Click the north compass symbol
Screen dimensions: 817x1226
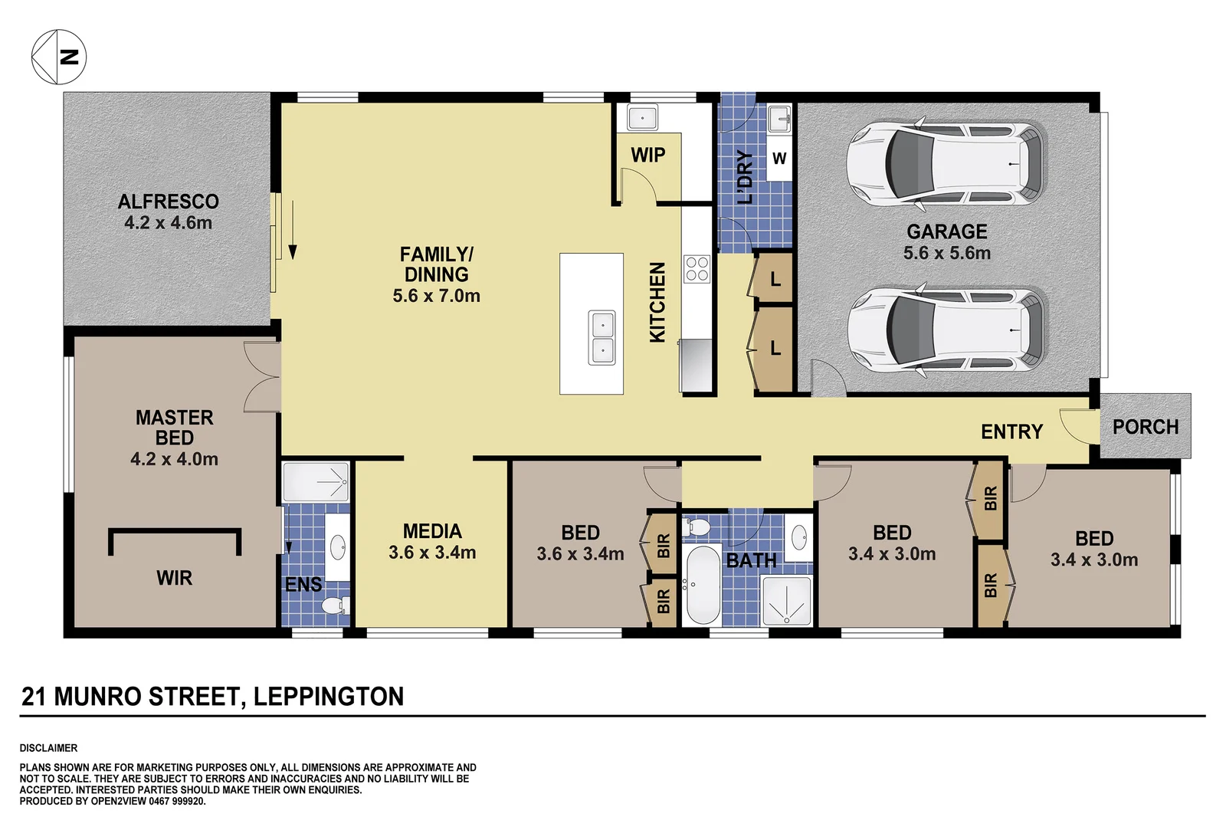click(x=58, y=57)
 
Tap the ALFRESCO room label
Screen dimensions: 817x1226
click(x=169, y=202)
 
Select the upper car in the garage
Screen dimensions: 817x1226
click(x=946, y=164)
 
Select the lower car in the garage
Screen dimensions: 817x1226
click(x=946, y=330)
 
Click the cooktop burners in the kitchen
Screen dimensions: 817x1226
click(x=697, y=269)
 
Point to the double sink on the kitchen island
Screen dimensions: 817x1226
click(x=602, y=338)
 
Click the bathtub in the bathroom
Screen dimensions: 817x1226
click(x=702, y=585)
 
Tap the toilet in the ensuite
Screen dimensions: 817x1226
click(x=334, y=605)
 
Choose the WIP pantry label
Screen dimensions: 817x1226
click(x=648, y=155)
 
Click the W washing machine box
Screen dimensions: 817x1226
click(x=779, y=159)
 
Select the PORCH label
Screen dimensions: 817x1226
click(x=1146, y=427)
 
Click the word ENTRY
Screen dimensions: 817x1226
click(x=1011, y=432)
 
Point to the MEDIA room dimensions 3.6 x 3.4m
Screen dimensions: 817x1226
click(x=432, y=553)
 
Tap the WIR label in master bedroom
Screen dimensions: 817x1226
click(x=175, y=578)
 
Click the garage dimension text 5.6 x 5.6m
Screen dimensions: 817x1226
click(x=947, y=253)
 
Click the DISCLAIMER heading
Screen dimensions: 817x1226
click(x=48, y=748)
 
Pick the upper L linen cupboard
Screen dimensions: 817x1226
click(x=775, y=279)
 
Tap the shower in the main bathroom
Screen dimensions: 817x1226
click(x=786, y=601)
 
